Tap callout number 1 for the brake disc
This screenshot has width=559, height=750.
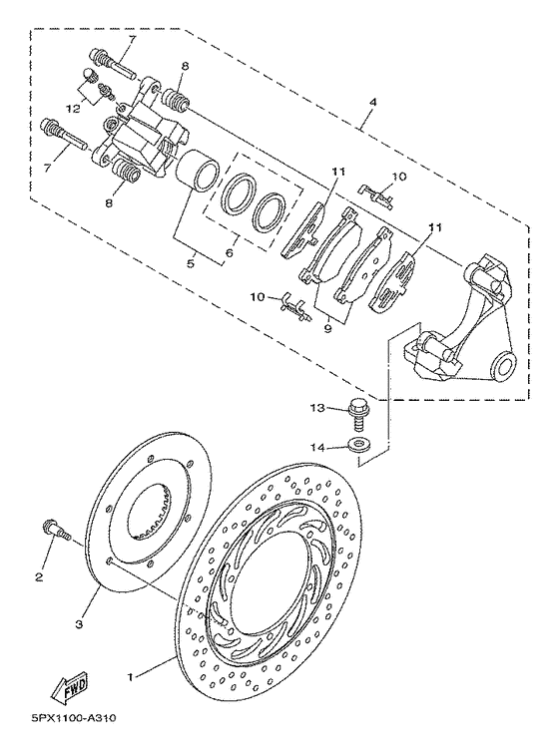(129, 677)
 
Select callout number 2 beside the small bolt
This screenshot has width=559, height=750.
(39, 576)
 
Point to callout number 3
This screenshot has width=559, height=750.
(80, 624)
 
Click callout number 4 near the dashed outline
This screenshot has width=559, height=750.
(372, 103)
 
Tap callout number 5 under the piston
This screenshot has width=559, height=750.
(191, 263)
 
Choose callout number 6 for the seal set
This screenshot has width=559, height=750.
(230, 253)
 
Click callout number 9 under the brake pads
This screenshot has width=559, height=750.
(327, 329)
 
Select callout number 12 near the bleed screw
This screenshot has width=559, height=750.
(73, 110)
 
